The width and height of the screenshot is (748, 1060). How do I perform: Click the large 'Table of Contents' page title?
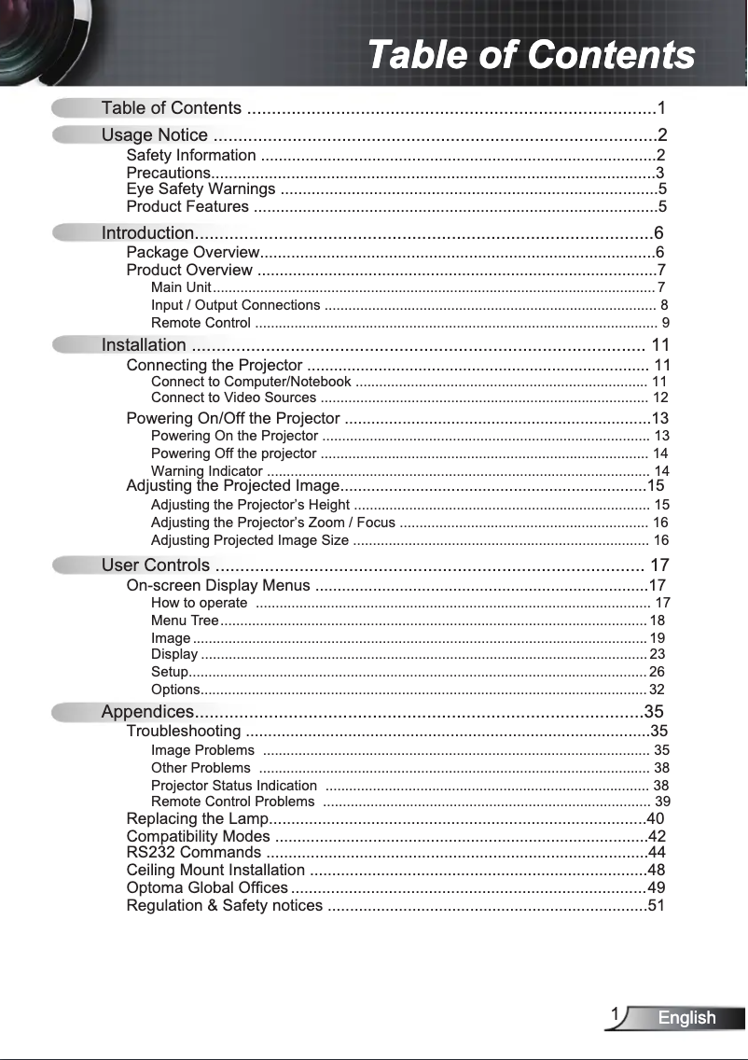click(531, 54)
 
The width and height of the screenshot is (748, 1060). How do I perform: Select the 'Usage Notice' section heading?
click(154, 136)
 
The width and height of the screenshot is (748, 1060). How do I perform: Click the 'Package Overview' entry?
click(192, 253)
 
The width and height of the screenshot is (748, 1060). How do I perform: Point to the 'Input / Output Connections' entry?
click(235, 305)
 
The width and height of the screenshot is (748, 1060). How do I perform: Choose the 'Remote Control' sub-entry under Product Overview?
click(201, 324)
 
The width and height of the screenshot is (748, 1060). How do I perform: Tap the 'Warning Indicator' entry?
click(206, 470)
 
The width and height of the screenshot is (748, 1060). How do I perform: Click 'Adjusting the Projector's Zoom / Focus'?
click(273, 523)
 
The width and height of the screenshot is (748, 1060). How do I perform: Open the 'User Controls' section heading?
click(156, 565)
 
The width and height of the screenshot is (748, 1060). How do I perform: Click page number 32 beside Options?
click(657, 690)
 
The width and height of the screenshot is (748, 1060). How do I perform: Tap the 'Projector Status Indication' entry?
click(234, 786)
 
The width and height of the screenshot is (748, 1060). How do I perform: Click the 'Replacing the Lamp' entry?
click(197, 819)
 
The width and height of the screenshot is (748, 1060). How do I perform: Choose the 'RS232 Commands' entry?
click(193, 853)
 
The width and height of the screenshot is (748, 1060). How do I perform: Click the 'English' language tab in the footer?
click(686, 1018)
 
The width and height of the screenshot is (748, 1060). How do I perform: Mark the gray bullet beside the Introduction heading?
click(74, 233)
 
